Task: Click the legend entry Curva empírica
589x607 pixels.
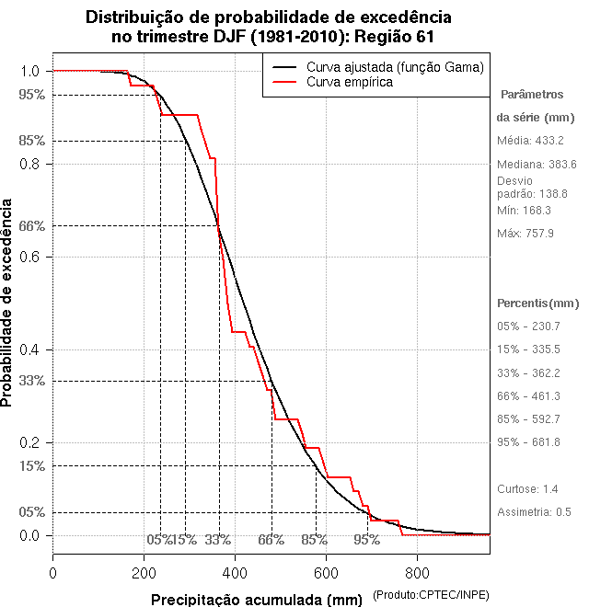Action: [x=350, y=82]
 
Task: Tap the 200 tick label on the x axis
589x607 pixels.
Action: [x=144, y=573]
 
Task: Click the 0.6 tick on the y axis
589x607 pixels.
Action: [x=30, y=257]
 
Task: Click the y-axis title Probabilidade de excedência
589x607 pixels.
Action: [x=9, y=303]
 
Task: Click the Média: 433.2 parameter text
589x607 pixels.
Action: [x=530, y=141]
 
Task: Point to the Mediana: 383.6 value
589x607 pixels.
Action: [x=537, y=164]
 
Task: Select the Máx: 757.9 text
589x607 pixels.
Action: [x=525, y=234]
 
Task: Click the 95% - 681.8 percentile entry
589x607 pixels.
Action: [x=529, y=442]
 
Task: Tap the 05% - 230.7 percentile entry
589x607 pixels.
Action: [x=529, y=326]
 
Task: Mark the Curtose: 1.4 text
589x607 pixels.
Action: [x=528, y=488]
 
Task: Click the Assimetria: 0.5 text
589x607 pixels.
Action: [x=535, y=511]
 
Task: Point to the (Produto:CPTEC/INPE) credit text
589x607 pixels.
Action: [x=431, y=596]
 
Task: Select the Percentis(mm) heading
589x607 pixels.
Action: [x=538, y=303]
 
